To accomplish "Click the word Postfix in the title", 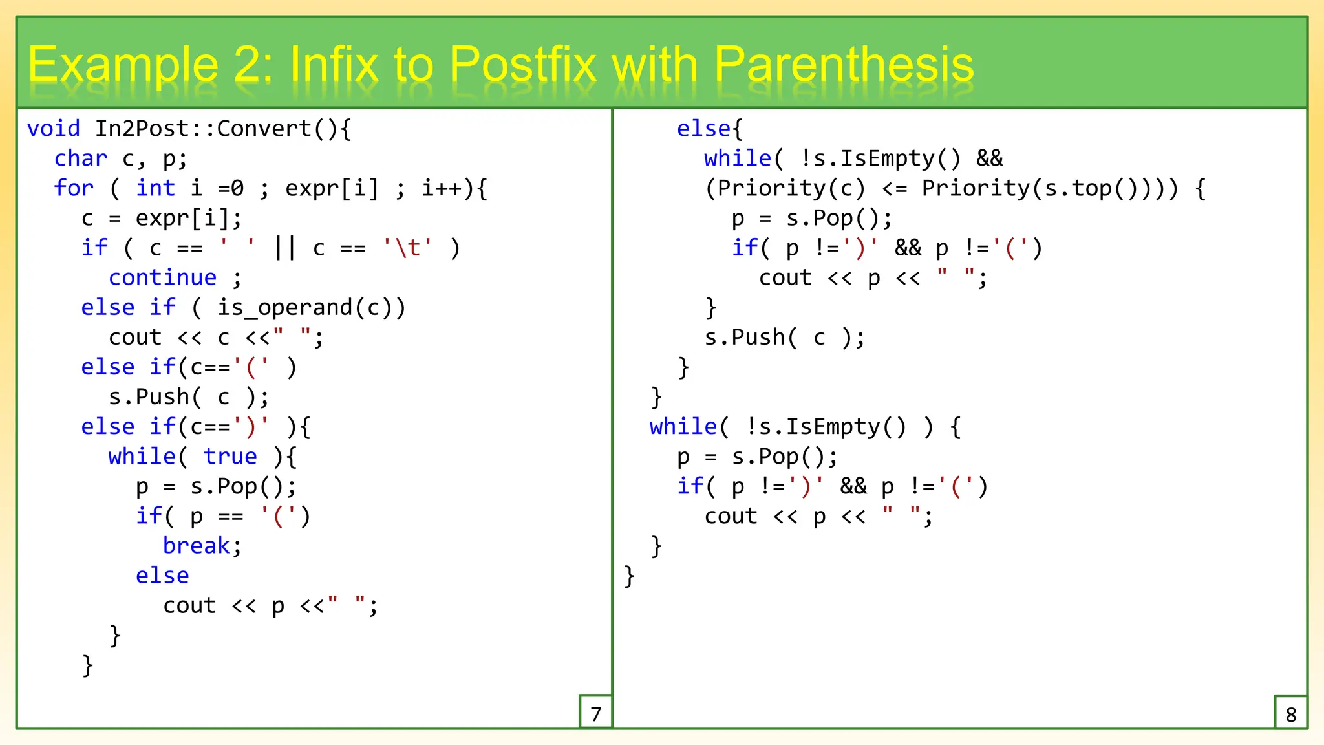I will (522, 65).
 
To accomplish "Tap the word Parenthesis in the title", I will (844, 65).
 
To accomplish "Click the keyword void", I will (54, 129).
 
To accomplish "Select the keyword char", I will (81, 158).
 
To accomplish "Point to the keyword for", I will (74, 188).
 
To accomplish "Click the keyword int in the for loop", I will (155, 188).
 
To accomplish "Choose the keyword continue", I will (162, 278).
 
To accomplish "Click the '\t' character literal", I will (407, 248).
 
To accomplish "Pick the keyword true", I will (230, 457).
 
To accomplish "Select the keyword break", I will (196, 546).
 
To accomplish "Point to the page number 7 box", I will (595, 713).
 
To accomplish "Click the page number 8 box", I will (1290, 713).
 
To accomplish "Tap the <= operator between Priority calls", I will (894, 188).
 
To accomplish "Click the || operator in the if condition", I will (284, 248).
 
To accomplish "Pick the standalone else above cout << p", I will (162, 576).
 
